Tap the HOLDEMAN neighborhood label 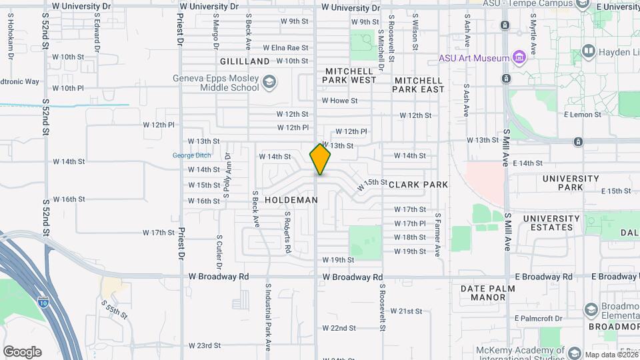291,200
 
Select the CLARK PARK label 418,185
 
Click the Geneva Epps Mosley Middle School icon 269,83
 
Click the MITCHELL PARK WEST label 350,75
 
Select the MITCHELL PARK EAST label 419,85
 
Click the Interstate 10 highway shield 43,302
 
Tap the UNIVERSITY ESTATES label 551,223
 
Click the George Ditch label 192,155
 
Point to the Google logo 22,352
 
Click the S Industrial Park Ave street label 268,317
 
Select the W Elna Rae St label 285,48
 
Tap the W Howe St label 340,101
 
